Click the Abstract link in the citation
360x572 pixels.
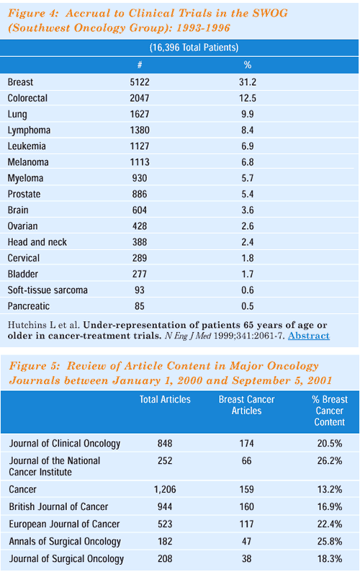[x=309, y=336]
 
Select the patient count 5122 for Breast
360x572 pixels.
[x=140, y=82]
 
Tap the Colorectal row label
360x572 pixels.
[x=27, y=98]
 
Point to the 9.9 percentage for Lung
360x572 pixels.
[x=247, y=114]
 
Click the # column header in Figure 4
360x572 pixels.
[x=140, y=65]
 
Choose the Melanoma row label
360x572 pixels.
[x=28, y=162]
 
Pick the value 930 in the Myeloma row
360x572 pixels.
[x=140, y=178]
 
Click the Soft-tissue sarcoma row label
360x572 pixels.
[x=48, y=290]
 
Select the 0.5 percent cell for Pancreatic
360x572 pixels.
[x=247, y=306]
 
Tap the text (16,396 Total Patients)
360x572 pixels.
[x=194, y=48]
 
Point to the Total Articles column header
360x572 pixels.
[x=165, y=399]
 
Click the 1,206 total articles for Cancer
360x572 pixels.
[x=165, y=489]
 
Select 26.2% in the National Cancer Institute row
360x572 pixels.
[x=330, y=461]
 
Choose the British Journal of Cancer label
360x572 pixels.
[x=58, y=506]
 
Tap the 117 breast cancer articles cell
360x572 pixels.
[x=246, y=524]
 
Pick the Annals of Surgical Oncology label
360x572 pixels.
[x=65, y=542]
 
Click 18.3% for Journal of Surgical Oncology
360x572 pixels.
[x=330, y=559]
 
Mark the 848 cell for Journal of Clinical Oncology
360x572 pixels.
[x=165, y=443]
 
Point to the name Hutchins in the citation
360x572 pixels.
[x=22, y=325]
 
